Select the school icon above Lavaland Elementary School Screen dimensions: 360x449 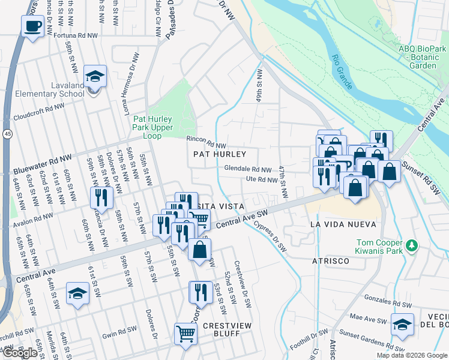point(95,77)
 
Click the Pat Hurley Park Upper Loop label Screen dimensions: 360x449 point(152,127)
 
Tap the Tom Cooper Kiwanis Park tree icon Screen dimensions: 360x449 point(411,245)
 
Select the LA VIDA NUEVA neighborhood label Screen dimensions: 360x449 point(343,224)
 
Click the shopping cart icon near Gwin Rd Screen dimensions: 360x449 point(185,334)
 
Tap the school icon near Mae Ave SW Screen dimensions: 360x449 point(402,325)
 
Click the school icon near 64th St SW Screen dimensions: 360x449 point(77,294)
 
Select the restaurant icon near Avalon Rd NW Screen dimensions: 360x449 point(101,197)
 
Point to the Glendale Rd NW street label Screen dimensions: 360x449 point(248,169)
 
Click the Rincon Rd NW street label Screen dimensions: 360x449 point(206,145)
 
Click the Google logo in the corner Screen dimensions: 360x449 point(20,353)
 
